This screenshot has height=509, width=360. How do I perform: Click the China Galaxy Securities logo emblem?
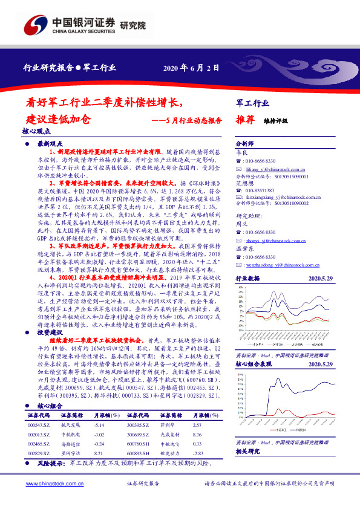(36, 25)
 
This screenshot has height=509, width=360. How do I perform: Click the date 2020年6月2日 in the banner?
(191, 68)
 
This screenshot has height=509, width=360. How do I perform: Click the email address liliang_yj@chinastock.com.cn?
(271, 171)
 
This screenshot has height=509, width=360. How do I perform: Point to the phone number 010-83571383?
(261, 190)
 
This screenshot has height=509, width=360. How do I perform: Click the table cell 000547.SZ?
(39, 425)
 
